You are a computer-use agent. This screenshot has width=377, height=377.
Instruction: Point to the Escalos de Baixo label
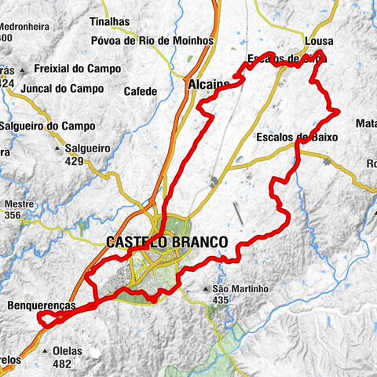[297, 137]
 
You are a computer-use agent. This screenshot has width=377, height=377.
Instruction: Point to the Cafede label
[141, 91]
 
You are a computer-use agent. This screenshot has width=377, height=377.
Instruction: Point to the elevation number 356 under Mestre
[13, 214]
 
